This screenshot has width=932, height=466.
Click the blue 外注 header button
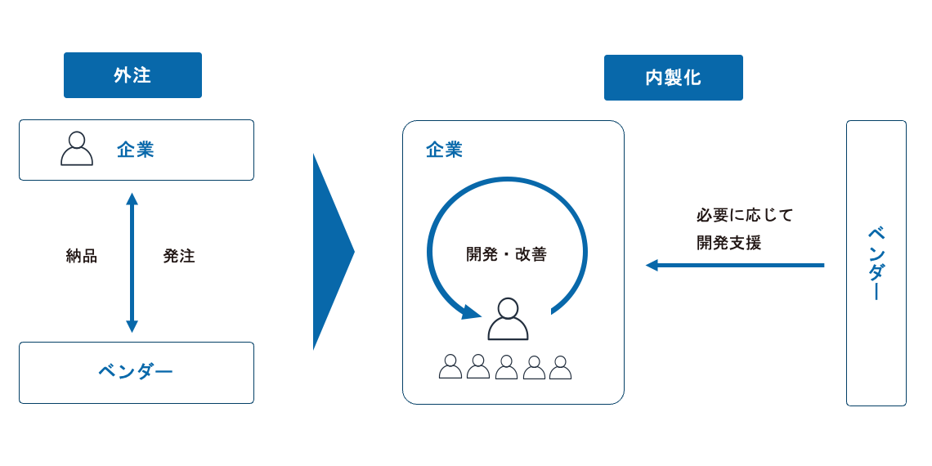tap(132, 75)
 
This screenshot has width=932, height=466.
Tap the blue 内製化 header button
tap(673, 78)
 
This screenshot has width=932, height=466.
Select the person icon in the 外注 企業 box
tap(77, 149)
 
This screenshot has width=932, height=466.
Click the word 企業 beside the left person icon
tap(136, 150)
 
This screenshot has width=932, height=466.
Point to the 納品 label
tap(82, 256)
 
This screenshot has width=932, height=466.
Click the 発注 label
tap(179, 256)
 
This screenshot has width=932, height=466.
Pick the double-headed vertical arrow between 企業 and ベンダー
tap(132, 262)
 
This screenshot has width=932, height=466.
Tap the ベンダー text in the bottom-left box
tap(136, 372)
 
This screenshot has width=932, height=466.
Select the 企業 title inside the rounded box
tap(445, 150)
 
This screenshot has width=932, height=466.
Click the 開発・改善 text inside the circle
tap(506, 254)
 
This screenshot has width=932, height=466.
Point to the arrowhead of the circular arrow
tap(470, 312)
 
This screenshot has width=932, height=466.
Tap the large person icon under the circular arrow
tap(508, 319)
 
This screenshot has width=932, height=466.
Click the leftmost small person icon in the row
tap(450, 366)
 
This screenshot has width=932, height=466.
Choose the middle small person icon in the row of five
tap(506, 367)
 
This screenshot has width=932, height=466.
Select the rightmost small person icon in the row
tap(560, 367)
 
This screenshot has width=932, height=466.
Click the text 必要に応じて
tap(745, 216)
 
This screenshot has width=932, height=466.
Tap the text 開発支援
tap(728, 243)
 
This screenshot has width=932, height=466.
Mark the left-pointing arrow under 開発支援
tap(734, 265)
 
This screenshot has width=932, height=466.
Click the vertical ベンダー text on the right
tap(876, 263)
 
